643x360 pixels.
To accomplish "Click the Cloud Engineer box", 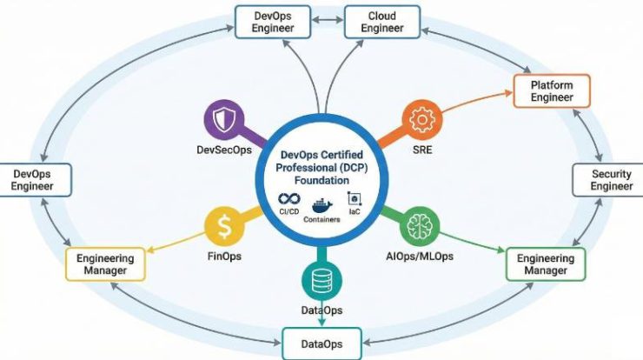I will [381, 21].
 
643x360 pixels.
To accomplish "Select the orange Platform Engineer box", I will [552, 90].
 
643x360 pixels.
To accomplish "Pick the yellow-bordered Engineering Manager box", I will [104, 263].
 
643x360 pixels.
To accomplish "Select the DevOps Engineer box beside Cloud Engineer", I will [274, 21].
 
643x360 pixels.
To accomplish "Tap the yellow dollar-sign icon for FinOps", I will [223, 228].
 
